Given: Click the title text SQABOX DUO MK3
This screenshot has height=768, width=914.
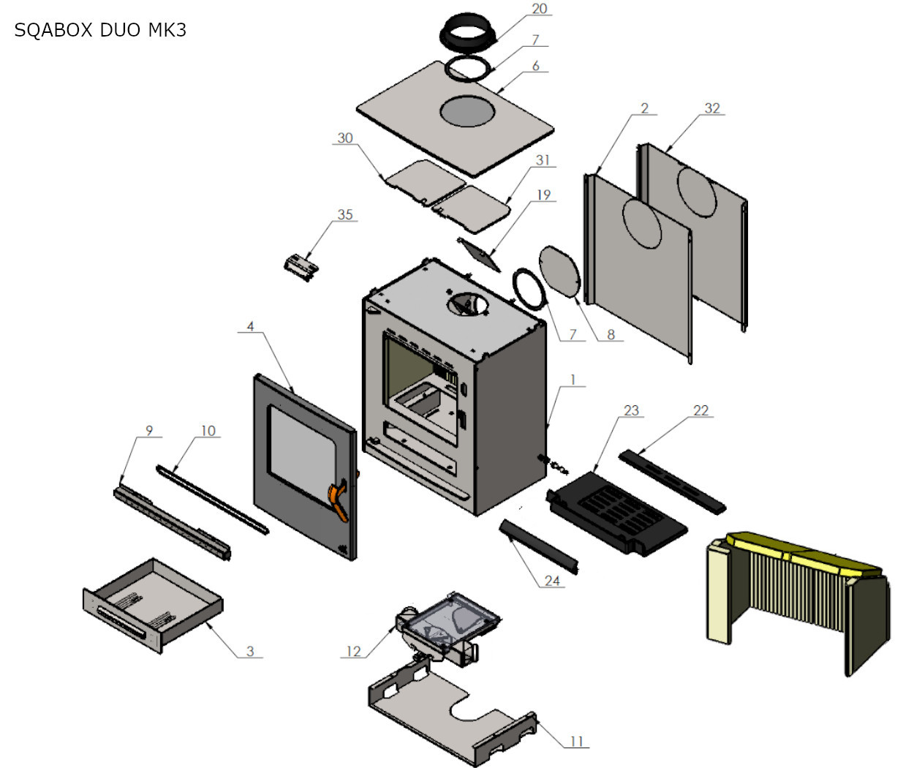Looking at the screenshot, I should [100, 30].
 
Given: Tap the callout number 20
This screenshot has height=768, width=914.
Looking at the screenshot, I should [539, 9].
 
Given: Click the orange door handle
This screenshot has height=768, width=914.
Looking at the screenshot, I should [341, 499].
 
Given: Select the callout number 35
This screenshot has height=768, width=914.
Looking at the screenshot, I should [345, 214].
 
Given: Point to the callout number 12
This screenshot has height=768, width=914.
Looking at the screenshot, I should [353, 651].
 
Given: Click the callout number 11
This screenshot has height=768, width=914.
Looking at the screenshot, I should [577, 741].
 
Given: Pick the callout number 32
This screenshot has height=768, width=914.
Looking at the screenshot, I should [712, 108].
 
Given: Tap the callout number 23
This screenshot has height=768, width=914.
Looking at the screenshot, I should [631, 410].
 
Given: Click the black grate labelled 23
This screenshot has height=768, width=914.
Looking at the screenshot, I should [619, 512].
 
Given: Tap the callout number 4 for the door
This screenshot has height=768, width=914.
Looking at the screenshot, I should [251, 326].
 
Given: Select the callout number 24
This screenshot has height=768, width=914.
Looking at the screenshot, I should [552, 581].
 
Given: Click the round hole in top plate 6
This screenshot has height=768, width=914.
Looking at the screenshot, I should [467, 111].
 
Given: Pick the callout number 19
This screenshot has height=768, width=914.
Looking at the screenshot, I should [543, 195].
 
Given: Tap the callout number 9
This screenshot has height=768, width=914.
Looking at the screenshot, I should [149, 430].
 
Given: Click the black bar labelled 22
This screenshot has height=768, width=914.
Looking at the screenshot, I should [673, 481].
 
